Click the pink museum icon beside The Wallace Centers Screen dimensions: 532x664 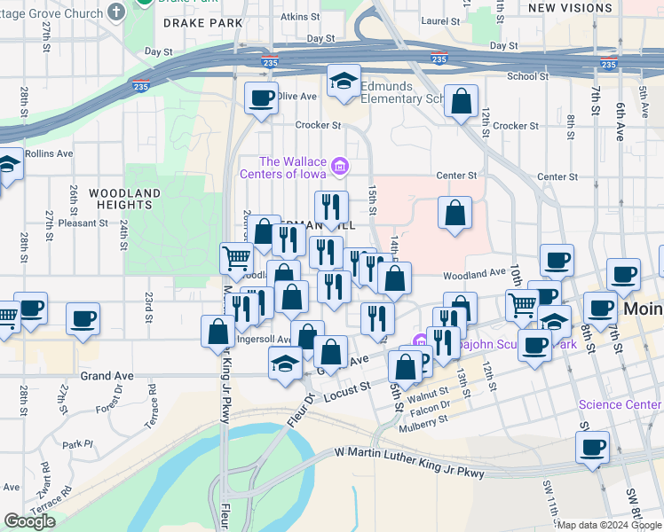(x=338, y=167)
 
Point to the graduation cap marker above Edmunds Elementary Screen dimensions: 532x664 (x=343, y=82)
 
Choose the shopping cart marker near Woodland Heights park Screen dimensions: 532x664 (x=236, y=259)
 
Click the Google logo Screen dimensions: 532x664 (x=29, y=521)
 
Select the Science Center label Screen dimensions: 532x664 (x=620, y=404)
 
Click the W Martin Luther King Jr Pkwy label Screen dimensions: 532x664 (x=410, y=461)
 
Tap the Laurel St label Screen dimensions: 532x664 (x=440, y=20)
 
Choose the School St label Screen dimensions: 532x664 (x=527, y=76)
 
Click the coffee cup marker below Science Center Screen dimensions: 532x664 (x=592, y=448)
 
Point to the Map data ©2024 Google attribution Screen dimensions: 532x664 (x=608, y=525)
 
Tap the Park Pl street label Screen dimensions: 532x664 (x=77, y=444)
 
